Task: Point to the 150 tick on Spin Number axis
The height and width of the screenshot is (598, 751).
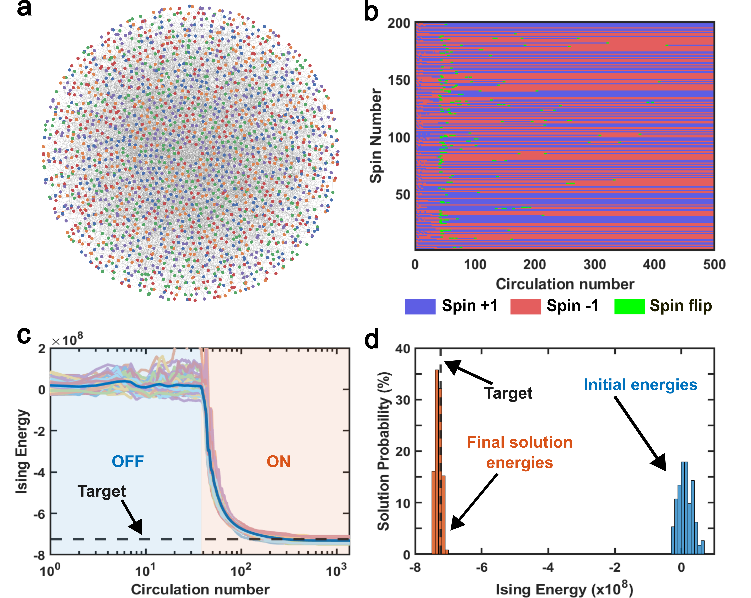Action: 399,80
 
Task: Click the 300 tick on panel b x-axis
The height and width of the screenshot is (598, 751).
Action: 595,265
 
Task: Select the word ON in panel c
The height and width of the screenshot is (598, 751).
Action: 278,462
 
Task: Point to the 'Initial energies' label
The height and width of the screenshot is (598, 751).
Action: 640,385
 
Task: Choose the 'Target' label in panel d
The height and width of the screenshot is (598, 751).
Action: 508,393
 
